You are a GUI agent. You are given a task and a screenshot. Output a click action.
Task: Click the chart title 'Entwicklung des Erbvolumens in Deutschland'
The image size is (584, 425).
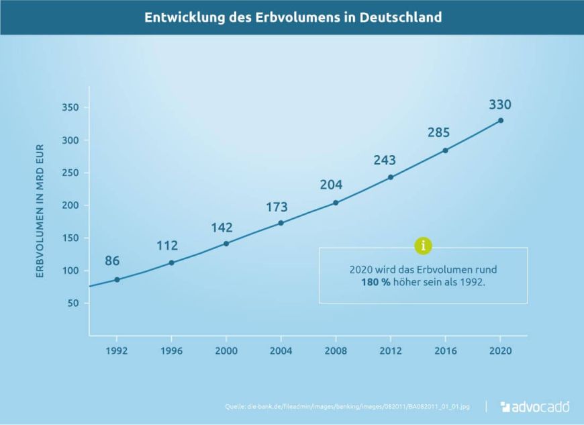[x=293, y=17]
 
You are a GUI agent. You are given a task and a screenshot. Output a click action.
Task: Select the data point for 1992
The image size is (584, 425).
[x=117, y=279]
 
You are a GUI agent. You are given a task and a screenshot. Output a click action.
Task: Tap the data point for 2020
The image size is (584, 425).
[x=500, y=121]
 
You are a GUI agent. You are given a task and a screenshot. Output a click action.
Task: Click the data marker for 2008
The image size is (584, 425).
[x=336, y=203]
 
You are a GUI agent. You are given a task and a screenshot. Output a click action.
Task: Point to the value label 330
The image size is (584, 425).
[x=500, y=105]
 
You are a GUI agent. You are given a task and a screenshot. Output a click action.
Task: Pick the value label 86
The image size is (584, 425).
[x=112, y=261]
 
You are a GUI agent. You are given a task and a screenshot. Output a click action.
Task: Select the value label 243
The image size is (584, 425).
[x=385, y=160]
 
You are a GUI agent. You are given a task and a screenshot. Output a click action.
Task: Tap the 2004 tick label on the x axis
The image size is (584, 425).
[x=281, y=351]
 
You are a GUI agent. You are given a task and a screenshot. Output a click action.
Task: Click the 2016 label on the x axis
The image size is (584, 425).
[x=445, y=351]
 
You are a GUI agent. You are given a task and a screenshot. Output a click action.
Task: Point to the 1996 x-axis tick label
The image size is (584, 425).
[x=171, y=351]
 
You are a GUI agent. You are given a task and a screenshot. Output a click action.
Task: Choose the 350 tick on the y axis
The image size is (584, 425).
[x=70, y=108]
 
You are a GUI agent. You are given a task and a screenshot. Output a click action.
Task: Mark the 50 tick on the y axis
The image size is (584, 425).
[x=73, y=303]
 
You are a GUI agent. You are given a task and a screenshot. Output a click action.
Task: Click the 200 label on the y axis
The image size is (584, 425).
[x=70, y=205]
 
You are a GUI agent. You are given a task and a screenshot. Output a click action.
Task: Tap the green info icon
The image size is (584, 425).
[x=423, y=246]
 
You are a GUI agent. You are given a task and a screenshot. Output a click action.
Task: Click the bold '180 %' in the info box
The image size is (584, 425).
[x=375, y=283]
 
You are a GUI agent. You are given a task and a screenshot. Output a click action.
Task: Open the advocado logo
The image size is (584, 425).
[x=535, y=406]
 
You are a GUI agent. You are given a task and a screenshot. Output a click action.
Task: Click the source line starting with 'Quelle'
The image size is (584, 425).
[x=347, y=407]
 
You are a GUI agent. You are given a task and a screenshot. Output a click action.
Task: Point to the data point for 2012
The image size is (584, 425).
[x=391, y=177]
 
